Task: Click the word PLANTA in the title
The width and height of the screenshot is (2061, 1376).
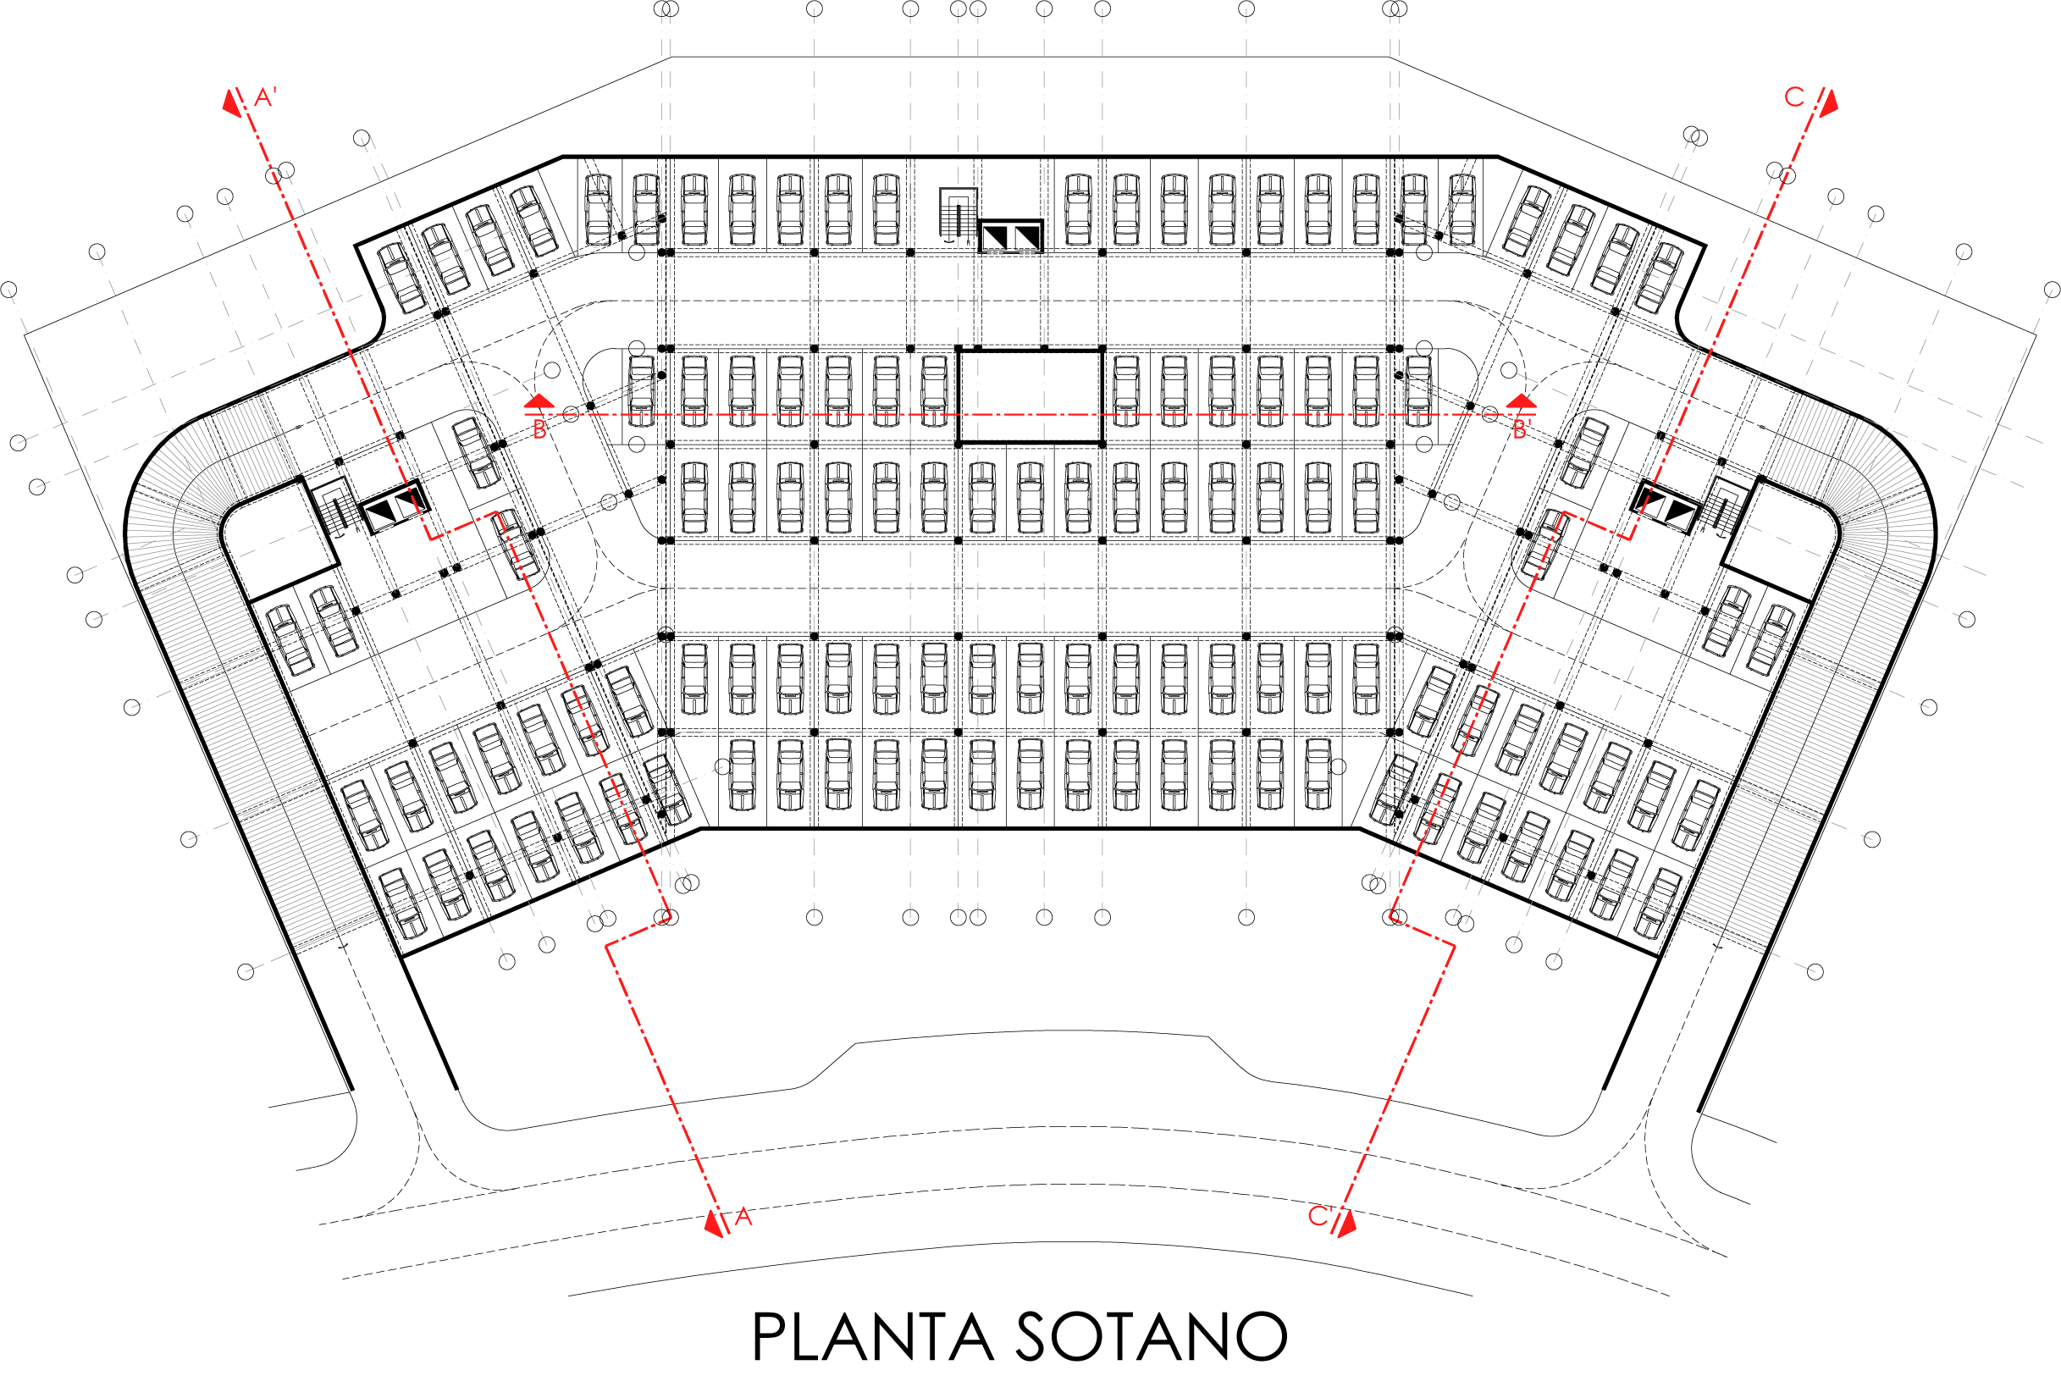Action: [873, 1337]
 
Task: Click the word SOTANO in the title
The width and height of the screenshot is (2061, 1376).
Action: [1151, 1337]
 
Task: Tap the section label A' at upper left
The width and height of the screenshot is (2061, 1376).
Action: [265, 97]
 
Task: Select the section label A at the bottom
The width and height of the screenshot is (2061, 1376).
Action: [743, 1217]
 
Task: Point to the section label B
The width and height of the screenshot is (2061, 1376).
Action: [539, 430]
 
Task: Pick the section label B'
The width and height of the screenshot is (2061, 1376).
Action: [1522, 430]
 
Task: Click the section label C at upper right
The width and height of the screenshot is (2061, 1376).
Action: [1794, 97]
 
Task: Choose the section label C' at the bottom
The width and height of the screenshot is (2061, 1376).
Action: [1319, 1216]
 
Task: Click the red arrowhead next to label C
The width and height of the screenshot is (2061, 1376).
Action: [1828, 103]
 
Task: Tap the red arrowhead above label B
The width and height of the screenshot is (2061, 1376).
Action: [539, 401]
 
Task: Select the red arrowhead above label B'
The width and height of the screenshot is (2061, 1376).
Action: [1522, 401]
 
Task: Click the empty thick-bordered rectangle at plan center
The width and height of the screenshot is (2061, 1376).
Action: [1030, 395]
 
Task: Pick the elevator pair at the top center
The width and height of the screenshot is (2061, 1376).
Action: [1011, 236]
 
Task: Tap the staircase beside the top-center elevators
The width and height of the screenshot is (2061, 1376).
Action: [959, 213]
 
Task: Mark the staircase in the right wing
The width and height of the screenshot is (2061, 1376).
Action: [1726, 506]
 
